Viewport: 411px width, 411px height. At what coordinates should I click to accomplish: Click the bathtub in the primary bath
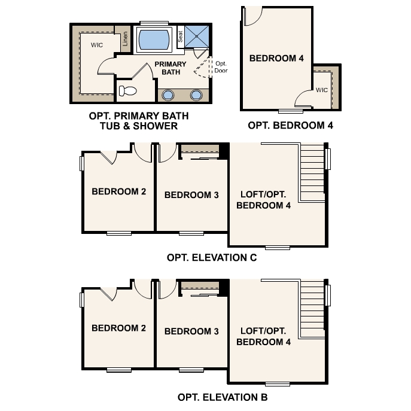154,41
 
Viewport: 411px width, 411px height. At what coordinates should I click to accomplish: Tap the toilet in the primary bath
127,91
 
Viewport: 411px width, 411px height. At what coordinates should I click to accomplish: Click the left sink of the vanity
168,95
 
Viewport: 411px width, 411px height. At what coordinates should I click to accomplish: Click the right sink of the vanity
196,95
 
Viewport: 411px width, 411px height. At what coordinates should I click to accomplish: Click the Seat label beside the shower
180,36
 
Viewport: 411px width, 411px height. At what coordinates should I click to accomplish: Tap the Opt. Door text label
221,67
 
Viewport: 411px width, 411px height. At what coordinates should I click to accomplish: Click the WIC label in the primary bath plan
98,45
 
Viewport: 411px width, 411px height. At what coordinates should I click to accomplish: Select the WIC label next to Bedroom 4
322,90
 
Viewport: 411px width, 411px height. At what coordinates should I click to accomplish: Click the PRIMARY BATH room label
170,68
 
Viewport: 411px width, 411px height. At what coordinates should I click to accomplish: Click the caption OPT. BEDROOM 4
290,126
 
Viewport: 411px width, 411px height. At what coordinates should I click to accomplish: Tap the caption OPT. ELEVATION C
212,258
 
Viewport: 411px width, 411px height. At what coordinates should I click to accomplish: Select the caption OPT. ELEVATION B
222,397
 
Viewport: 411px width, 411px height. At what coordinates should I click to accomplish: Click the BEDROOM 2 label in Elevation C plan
118,192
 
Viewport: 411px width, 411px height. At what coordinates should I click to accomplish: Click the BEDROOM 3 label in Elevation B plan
191,331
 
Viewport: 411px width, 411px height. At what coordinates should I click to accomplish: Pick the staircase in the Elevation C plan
312,173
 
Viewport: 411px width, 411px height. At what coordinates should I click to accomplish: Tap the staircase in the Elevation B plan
312,310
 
